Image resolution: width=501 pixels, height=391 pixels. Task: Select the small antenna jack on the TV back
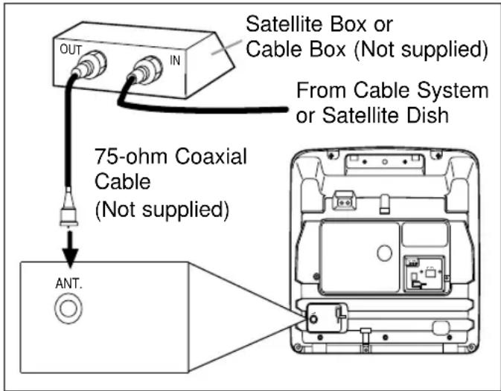click(318, 318)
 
